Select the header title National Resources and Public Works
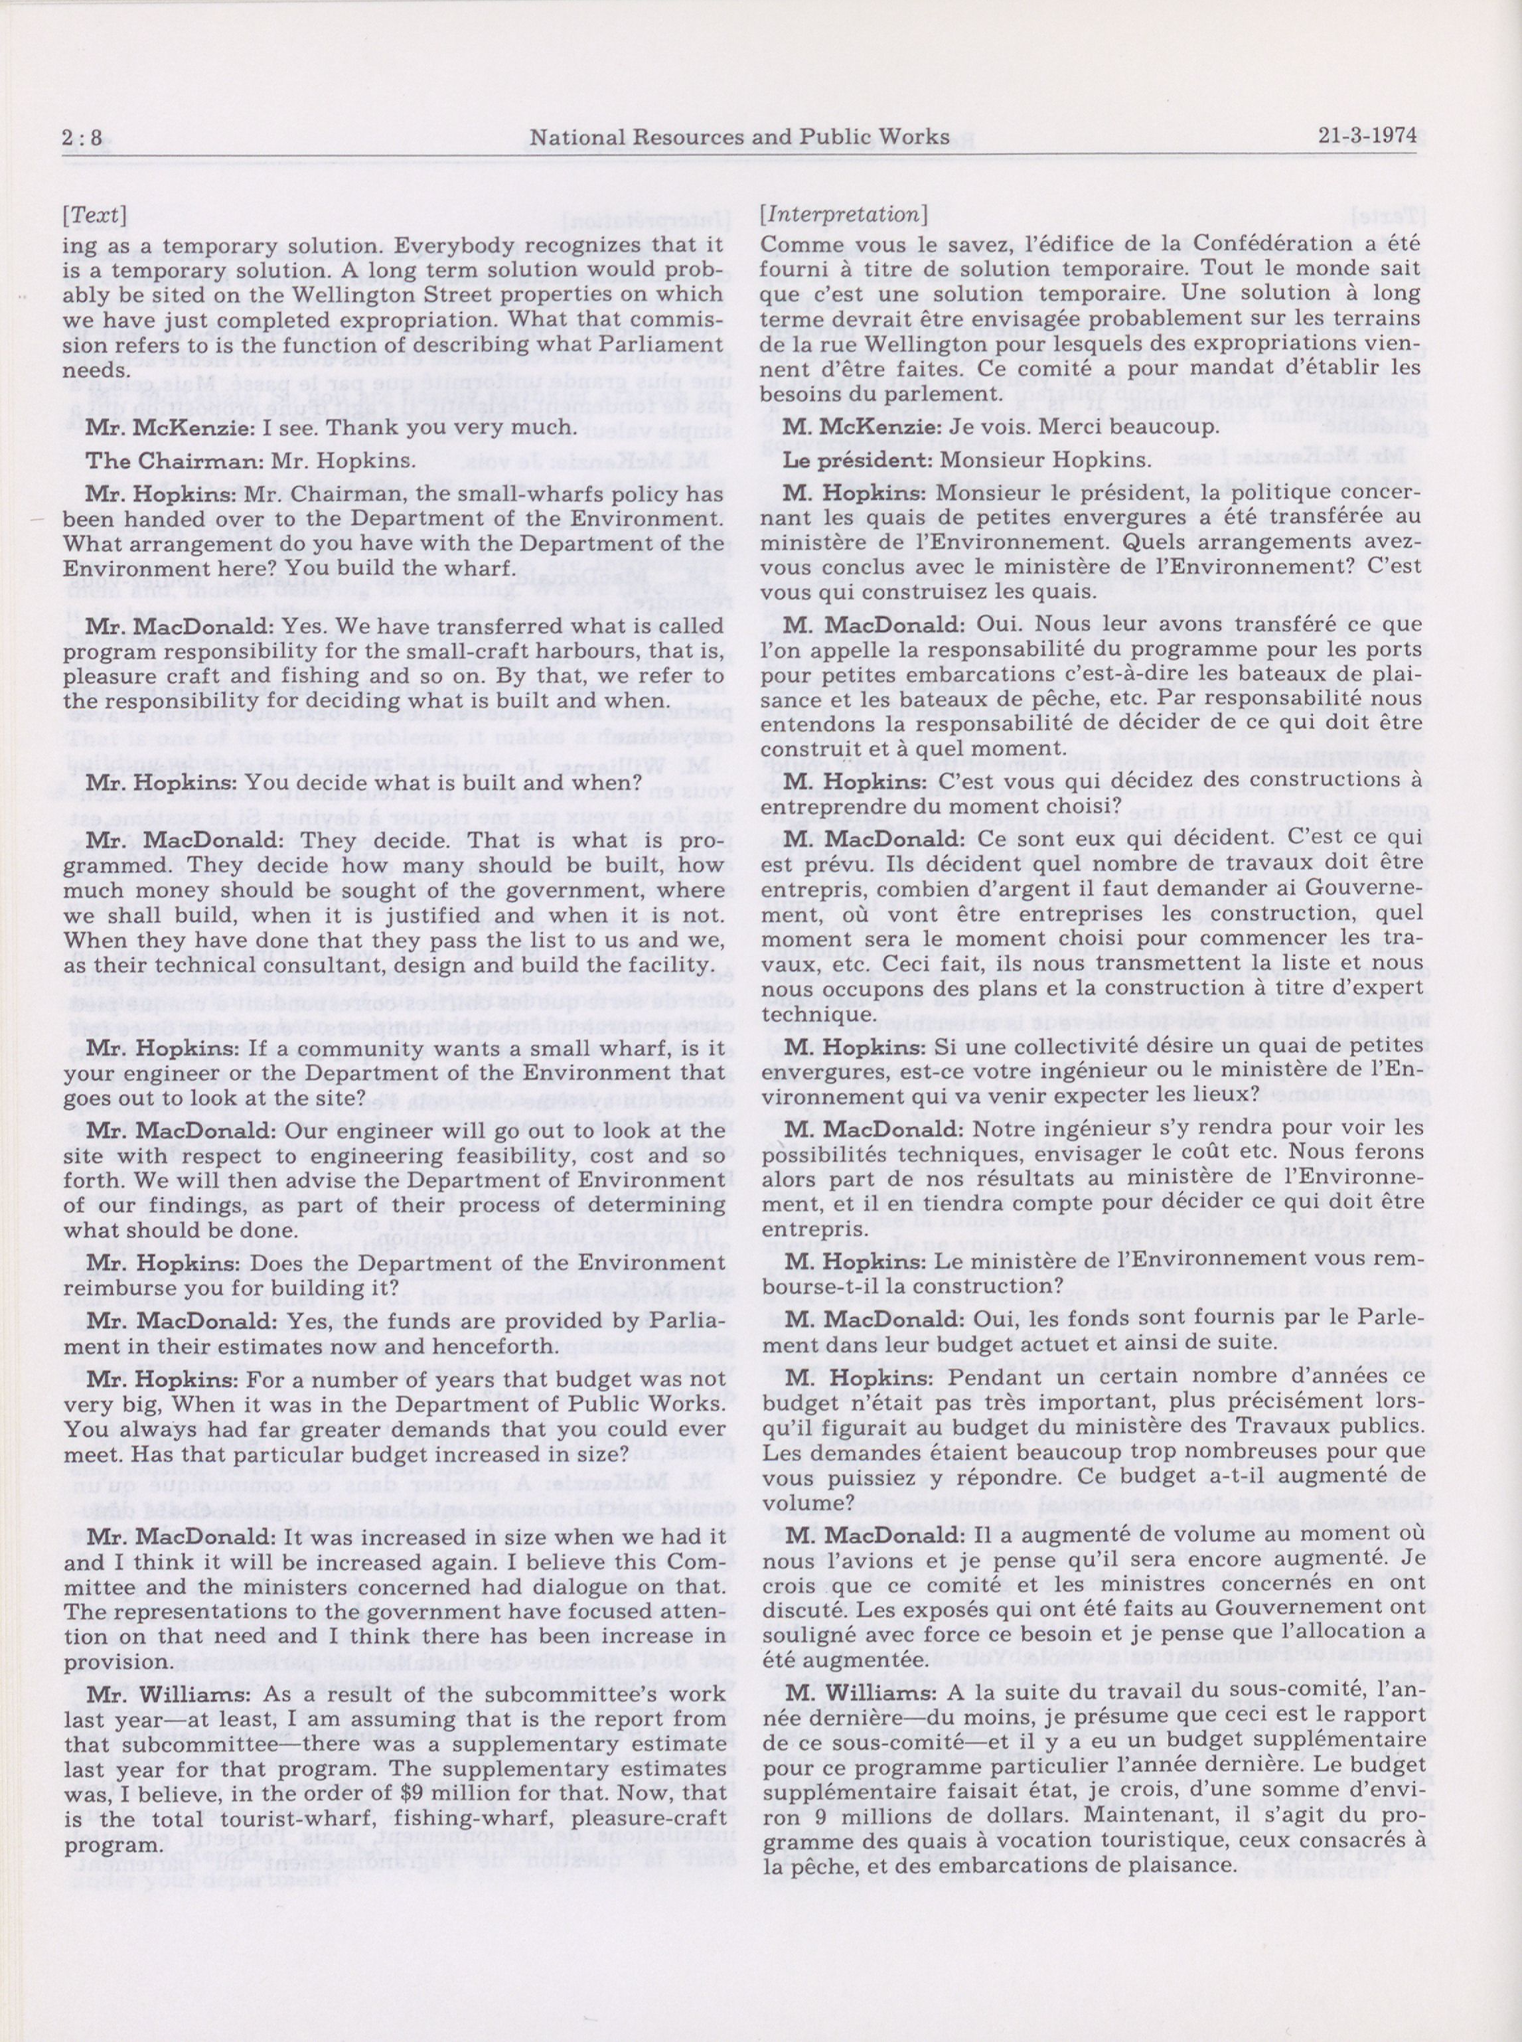728,137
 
